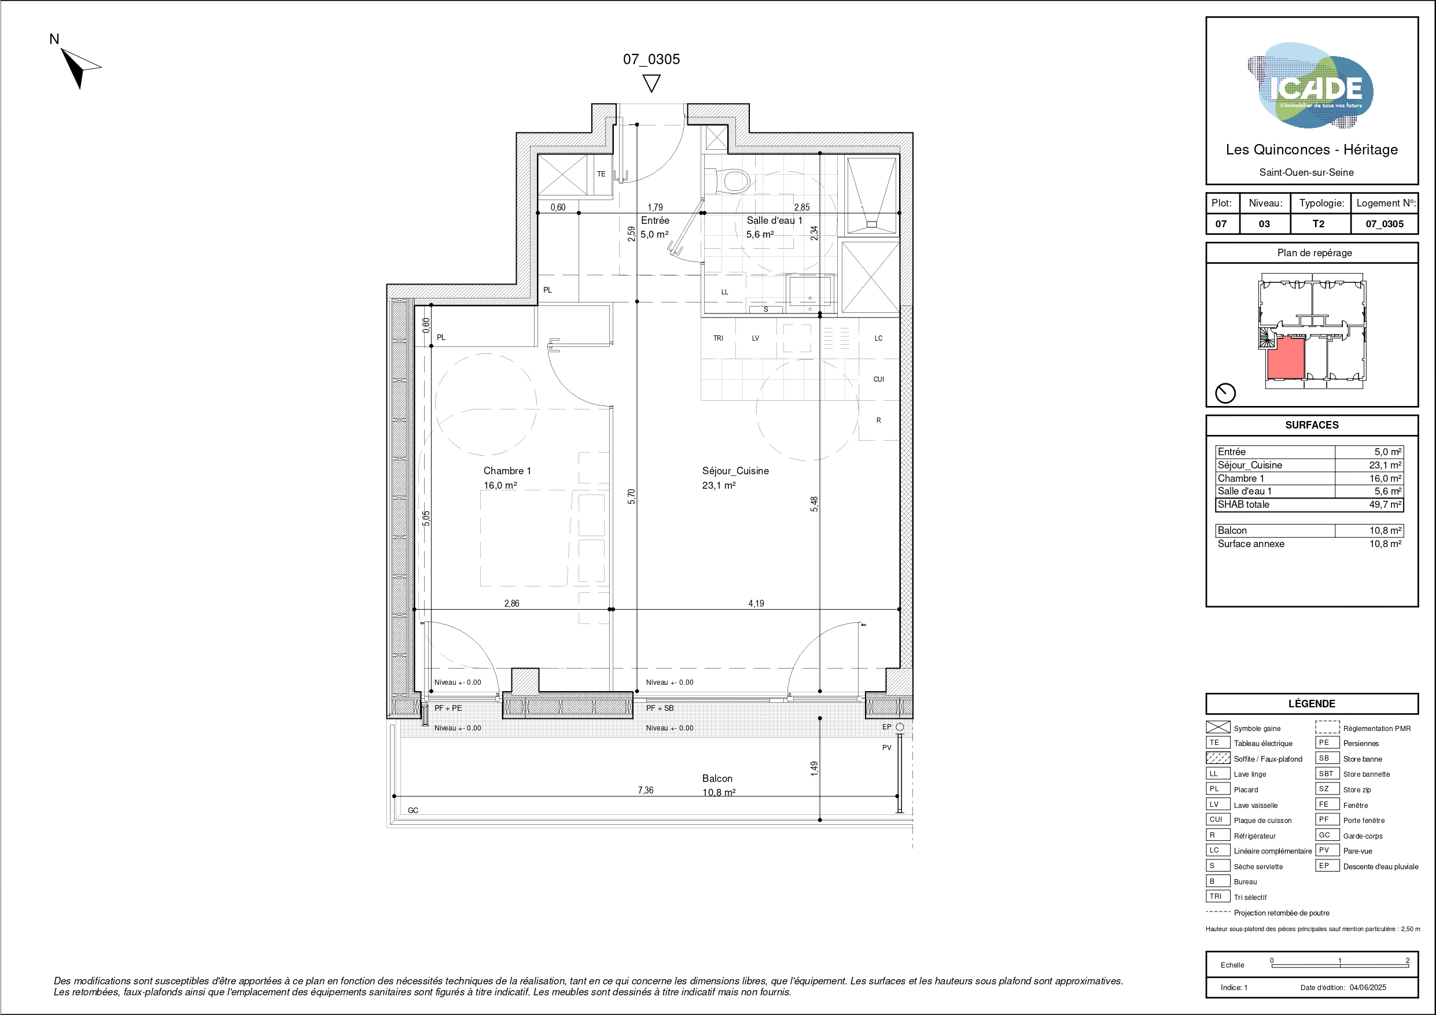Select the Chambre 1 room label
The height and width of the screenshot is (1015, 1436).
507,471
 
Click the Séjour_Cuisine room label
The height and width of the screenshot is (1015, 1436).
735,471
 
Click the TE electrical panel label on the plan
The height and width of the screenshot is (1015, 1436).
601,174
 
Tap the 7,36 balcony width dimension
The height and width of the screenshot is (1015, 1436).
646,791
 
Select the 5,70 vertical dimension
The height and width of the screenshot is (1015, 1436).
632,497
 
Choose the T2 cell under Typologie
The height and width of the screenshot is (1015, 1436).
1319,224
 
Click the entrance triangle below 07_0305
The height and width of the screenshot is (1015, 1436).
651,84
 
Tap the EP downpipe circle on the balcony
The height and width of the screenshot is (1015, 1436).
899,727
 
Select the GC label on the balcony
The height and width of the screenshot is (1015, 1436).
413,810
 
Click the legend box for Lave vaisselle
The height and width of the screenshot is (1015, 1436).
1218,804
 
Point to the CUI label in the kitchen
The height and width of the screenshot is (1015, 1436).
879,379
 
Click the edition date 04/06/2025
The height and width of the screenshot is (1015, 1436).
1368,987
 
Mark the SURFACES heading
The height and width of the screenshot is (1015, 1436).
1312,425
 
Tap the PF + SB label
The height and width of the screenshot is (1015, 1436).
660,708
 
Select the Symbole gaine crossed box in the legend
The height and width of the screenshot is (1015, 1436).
1218,728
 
